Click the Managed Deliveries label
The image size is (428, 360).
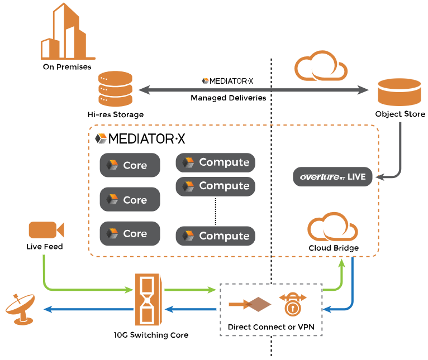[x=228, y=98]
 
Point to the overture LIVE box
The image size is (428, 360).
[x=332, y=176]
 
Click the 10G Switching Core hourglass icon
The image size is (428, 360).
[x=148, y=299]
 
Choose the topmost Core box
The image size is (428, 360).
[x=130, y=165]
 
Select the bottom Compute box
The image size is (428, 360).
[x=216, y=236]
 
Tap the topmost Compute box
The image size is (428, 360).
[x=216, y=162]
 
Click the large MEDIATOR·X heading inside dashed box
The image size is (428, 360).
[x=140, y=138]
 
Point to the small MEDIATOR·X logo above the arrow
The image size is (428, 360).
[x=228, y=81]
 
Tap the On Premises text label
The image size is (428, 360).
[x=67, y=67]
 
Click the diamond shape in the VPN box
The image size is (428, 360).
[x=259, y=304]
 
